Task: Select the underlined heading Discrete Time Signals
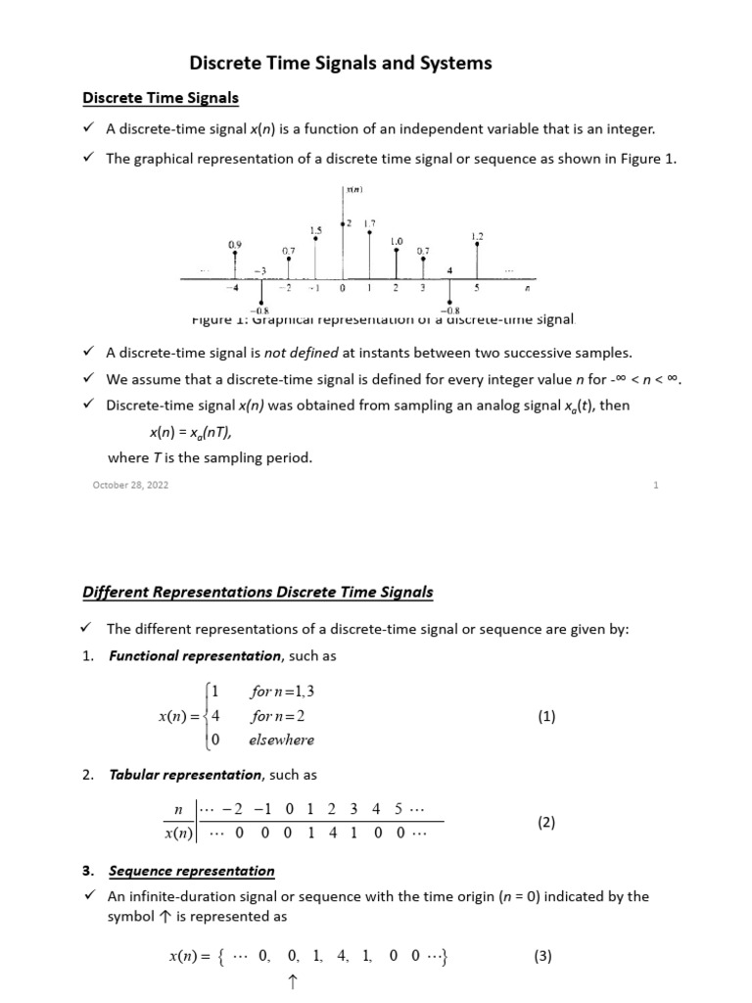160,98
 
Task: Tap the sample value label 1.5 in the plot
315,231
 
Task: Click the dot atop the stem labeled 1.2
477,245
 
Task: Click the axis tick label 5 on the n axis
477,289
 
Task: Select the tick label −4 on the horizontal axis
232,289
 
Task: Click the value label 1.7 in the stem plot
369,224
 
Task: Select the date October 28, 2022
130,485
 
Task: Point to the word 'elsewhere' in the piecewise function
282,740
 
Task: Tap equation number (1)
546,716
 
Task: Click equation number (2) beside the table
546,823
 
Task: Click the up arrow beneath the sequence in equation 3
292,982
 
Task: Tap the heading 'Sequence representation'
192,871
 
